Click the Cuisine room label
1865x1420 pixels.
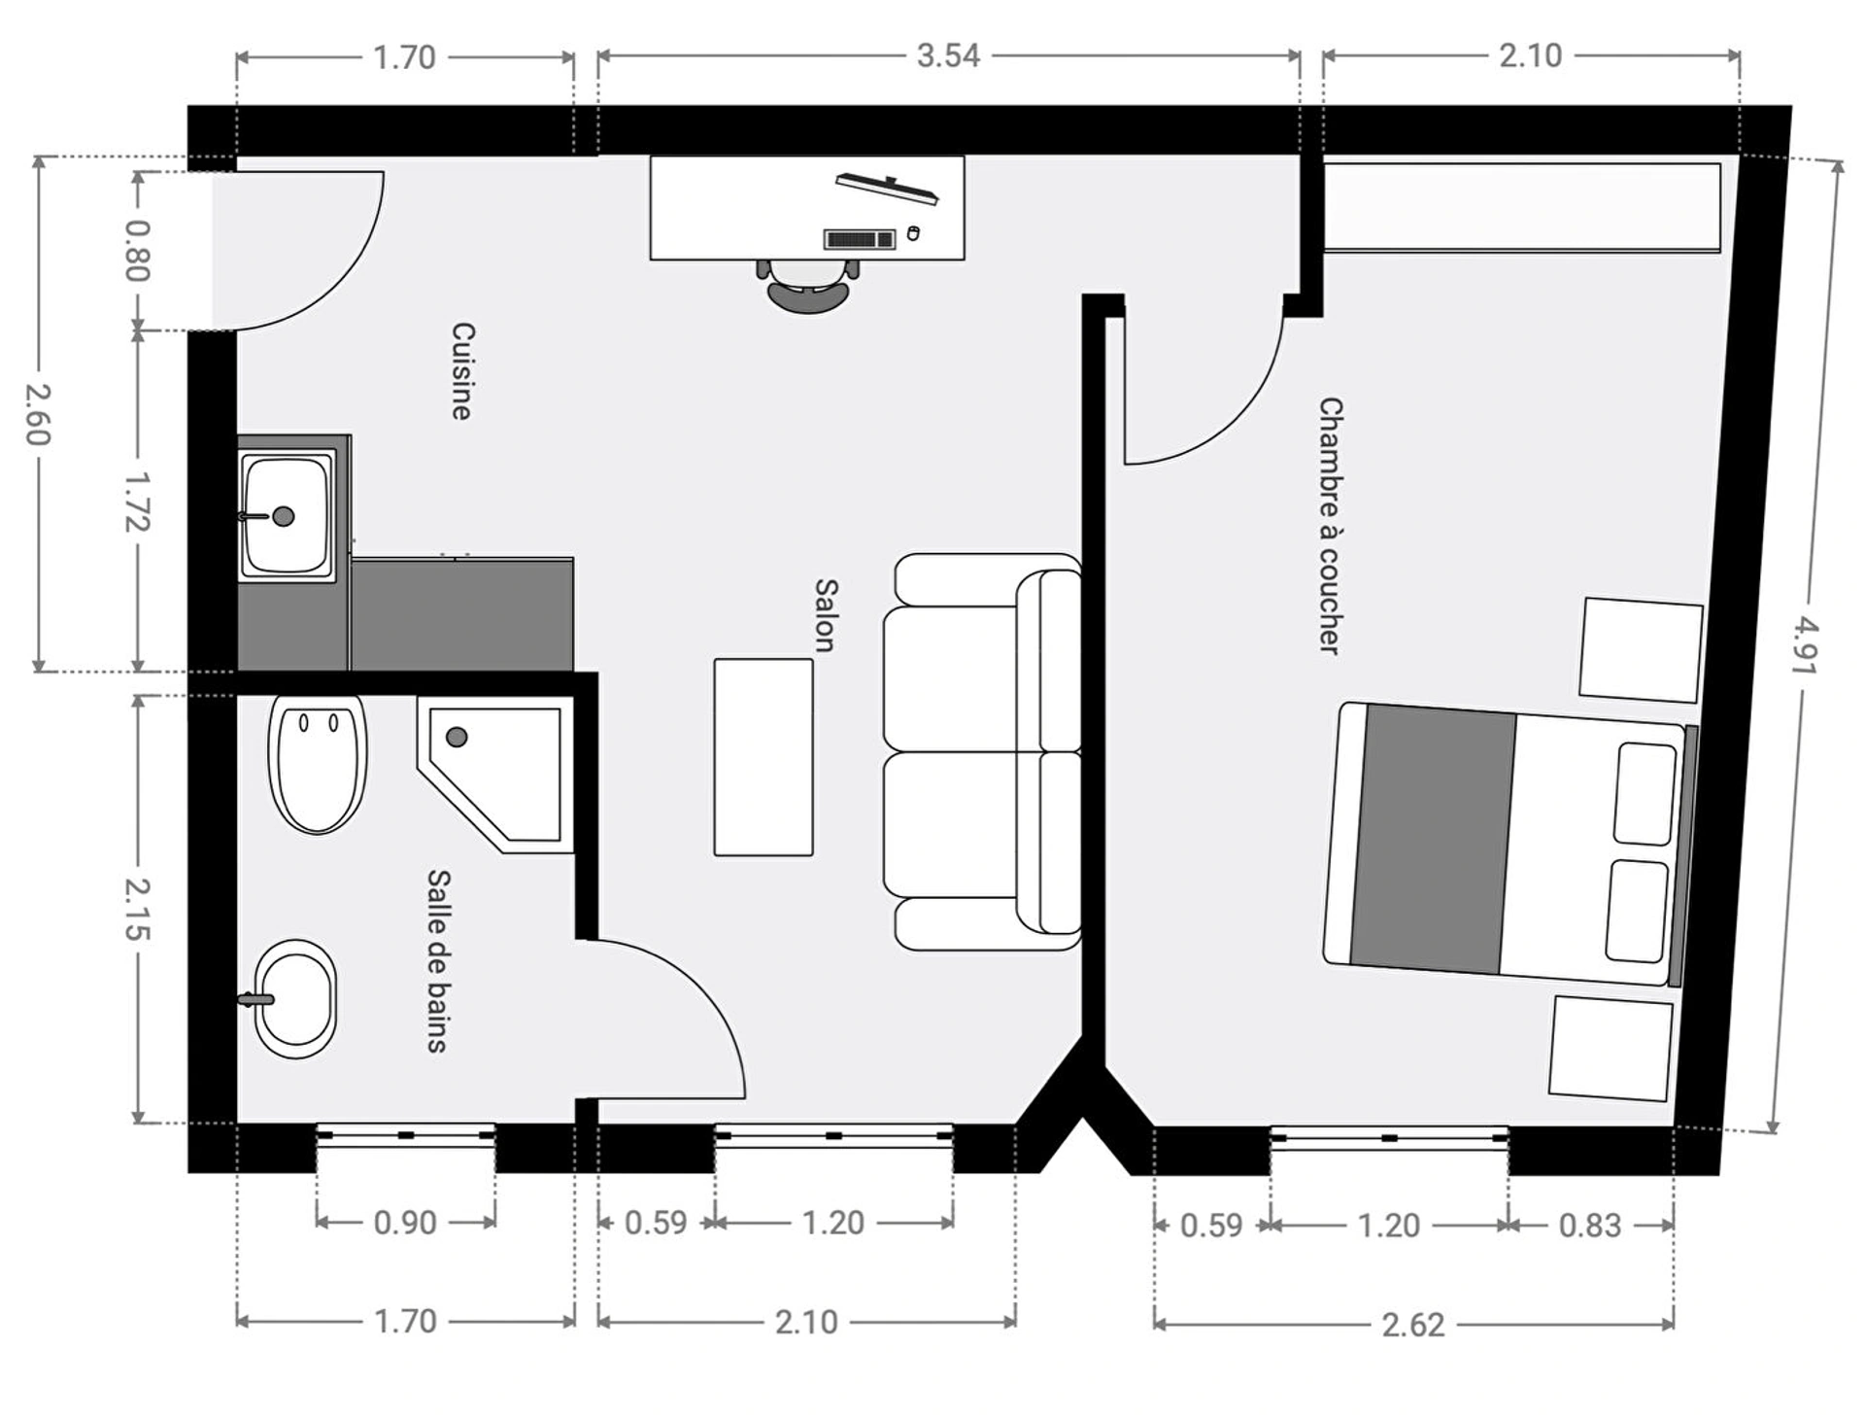[462, 371]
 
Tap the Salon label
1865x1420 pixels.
[826, 615]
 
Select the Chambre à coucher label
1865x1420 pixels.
[1330, 526]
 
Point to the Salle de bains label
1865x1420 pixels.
[438, 961]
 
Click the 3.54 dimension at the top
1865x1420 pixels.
[948, 55]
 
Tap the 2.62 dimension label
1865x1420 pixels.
[1413, 1325]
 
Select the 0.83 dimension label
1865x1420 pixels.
[1590, 1226]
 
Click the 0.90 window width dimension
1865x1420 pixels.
[405, 1223]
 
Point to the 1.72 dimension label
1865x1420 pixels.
[137, 502]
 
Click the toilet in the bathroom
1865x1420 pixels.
[318, 763]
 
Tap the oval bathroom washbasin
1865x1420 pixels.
[294, 998]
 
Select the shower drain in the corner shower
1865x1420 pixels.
[457, 737]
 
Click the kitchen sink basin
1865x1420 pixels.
[286, 515]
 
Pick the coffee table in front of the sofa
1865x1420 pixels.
[763, 757]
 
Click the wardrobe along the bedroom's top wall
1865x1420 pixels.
[1522, 208]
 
